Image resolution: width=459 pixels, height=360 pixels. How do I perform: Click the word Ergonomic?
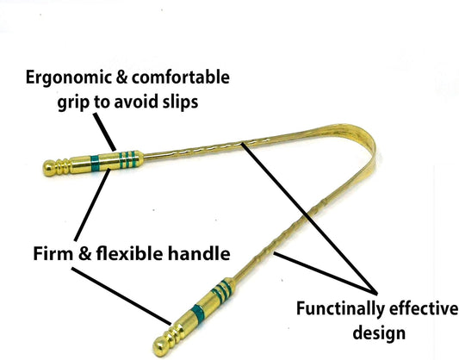[x=69, y=78]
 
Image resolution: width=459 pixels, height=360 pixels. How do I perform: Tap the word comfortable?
[x=181, y=78]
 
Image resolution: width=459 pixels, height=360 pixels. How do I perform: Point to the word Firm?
[x=53, y=253]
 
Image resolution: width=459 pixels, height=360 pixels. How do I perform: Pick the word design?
[x=379, y=333]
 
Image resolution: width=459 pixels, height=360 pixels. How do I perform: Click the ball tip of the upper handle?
[x=49, y=168]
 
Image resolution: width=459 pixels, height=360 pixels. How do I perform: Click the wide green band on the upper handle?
[x=95, y=164]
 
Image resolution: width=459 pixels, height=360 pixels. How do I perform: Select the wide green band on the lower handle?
[x=197, y=313]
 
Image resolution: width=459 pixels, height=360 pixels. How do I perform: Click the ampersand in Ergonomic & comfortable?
[x=122, y=78]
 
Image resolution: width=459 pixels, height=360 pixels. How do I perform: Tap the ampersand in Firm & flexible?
[x=84, y=253]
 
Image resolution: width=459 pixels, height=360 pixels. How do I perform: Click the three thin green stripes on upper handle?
[x=128, y=159]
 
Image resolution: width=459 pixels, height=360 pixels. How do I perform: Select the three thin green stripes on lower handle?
[x=222, y=289]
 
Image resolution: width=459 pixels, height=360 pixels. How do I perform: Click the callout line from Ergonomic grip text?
[x=104, y=132]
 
